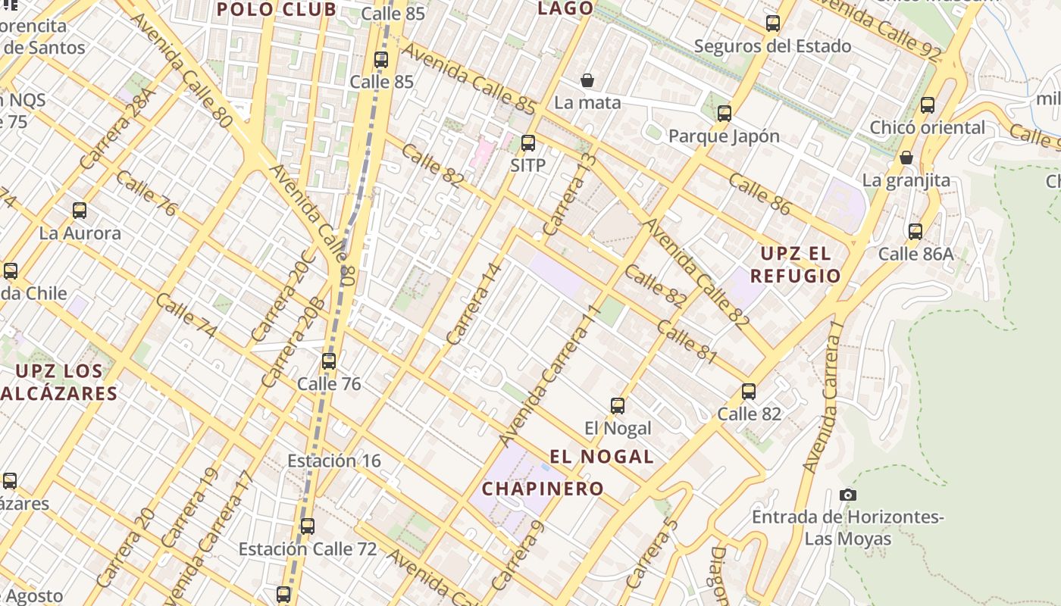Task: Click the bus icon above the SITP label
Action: click(528, 142)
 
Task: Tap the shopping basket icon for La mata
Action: click(587, 80)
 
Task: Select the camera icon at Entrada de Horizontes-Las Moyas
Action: click(848, 495)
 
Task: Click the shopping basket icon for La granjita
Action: click(906, 158)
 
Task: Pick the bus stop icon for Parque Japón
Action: click(725, 114)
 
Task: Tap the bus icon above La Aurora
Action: click(80, 211)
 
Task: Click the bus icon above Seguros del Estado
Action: click(773, 23)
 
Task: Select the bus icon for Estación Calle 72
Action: click(308, 526)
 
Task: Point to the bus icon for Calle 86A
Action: click(915, 232)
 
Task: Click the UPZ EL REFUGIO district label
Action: click(796, 264)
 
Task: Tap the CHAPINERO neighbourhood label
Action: click(543, 489)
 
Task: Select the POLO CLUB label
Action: click(277, 10)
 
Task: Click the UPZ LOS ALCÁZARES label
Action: click(59, 382)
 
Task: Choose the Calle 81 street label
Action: click(687, 342)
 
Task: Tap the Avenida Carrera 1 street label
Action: click(824, 398)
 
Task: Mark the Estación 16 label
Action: click(334, 461)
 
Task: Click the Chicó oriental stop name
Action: click(928, 127)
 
